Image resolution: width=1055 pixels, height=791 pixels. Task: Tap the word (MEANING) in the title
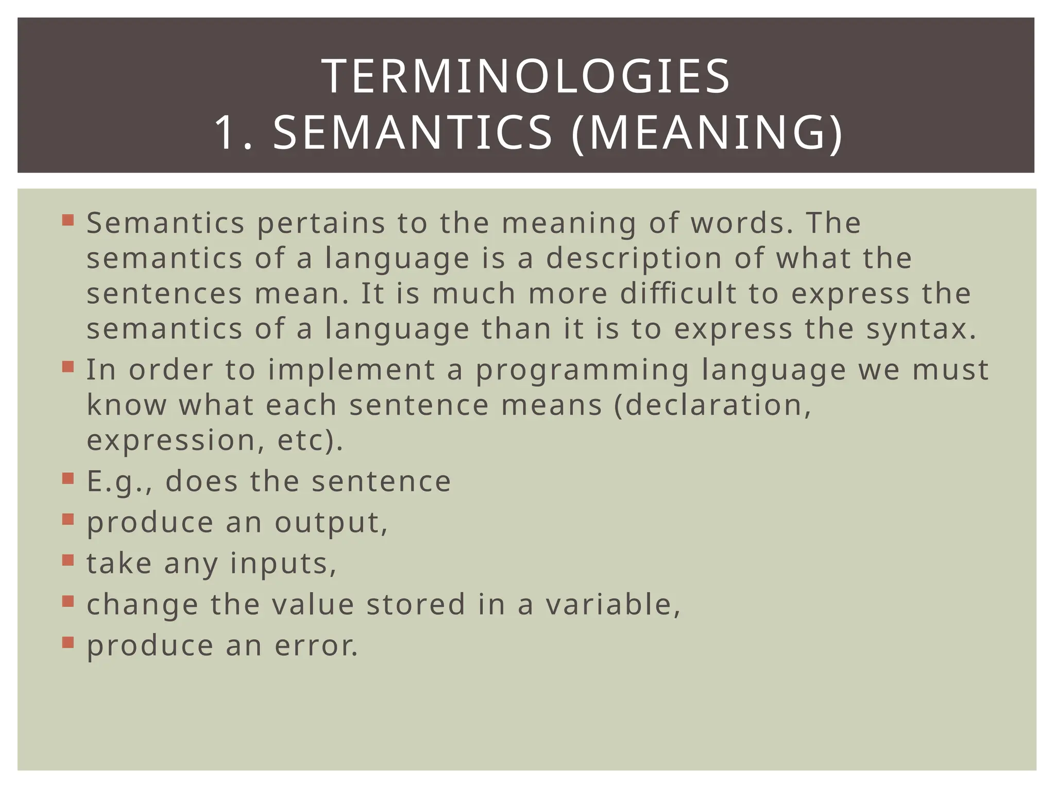707,133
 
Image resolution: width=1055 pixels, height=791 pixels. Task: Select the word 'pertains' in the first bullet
321,224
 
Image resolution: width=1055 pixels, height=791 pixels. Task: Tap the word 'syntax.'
921,330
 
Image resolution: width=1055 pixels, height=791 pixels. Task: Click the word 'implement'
351,370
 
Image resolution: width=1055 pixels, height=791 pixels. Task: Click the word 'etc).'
310,441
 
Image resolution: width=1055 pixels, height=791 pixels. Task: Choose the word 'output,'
331,523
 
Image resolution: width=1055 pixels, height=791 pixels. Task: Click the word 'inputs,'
283,564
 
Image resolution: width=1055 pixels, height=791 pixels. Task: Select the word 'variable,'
613,605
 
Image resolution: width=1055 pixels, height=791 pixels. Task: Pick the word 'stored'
416,605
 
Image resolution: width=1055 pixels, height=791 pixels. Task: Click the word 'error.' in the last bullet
316,646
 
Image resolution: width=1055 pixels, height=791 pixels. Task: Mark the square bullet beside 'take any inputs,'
68,560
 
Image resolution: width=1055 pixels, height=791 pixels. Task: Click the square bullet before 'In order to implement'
68,366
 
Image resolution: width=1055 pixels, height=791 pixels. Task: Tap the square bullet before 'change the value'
68,601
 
